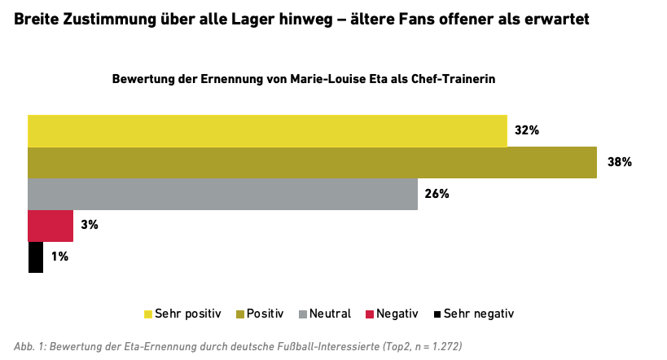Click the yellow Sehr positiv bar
point(267,131)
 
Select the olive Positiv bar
point(312,163)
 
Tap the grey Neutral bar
point(222,194)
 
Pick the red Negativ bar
point(50,226)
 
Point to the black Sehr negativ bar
point(35,257)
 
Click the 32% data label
point(527,131)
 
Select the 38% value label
point(619,162)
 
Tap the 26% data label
point(437,194)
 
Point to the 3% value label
point(89,225)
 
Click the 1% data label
point(59,257)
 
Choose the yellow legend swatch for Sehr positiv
point(148,314)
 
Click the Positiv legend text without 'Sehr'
point(265,314)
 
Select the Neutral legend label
point(331,314)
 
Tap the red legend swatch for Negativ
point(369,314)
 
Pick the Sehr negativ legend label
point(479,314)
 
